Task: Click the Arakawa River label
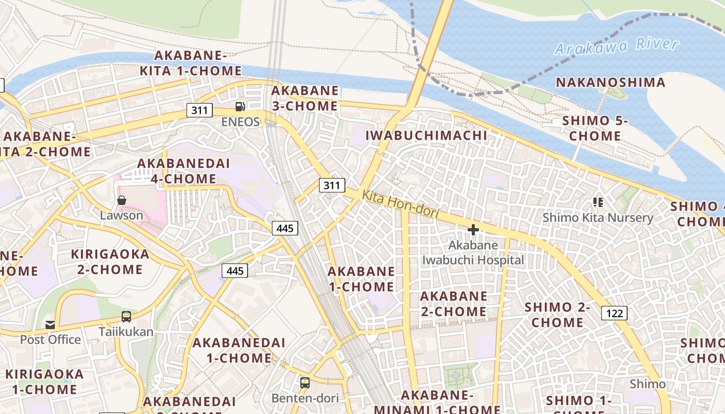[x=616, y=46]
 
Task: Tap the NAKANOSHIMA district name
[x=611, y=82]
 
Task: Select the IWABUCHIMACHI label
[x=426, y=136]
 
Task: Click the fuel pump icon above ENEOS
[x=240, y=107]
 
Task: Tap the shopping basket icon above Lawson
[x=122, y=200]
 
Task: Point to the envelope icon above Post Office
[x=50, y=324]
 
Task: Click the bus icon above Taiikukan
[x=126, y=317]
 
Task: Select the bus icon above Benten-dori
[x=305, y=383]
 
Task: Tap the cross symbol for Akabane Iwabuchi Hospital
[x=473, y=230]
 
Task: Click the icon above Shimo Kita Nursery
[x=598, y=202]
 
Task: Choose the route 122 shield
[x=614, y=313]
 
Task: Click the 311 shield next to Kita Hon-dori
[x=331, y=185]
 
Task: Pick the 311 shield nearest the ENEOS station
[x=199, y=110]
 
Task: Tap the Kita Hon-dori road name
[x=400, y=204]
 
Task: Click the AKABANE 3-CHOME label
[x=304, y=98]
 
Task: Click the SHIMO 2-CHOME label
[x=557, y=315]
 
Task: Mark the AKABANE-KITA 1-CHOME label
[x=191, y=63]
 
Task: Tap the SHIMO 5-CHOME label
[x=595, y=128]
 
